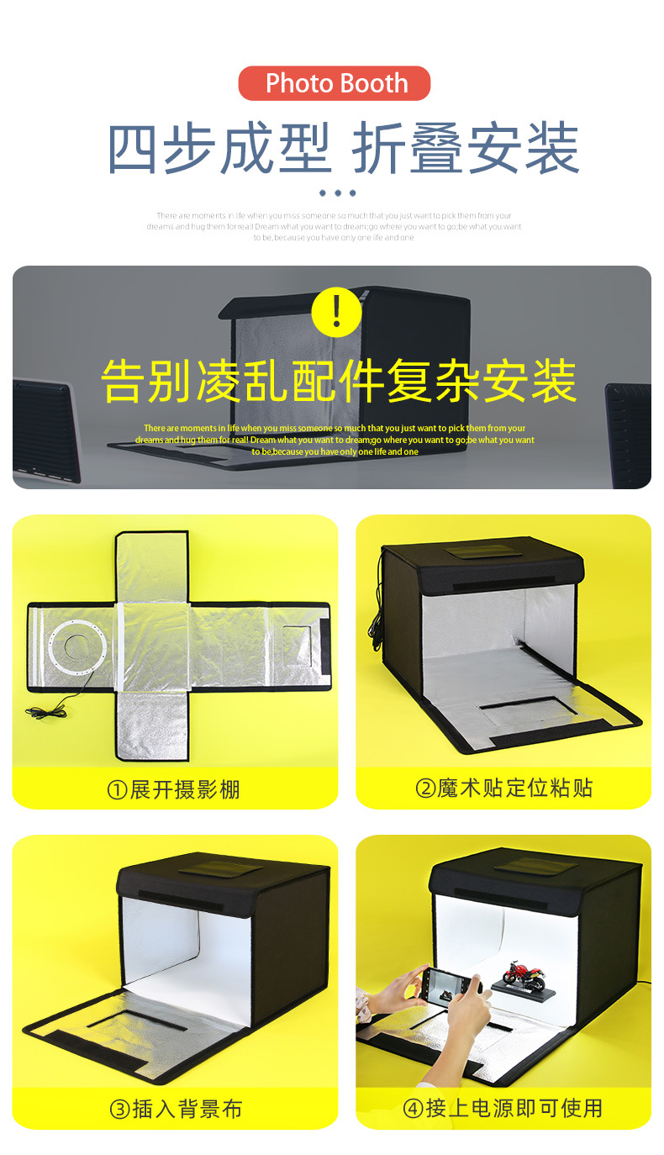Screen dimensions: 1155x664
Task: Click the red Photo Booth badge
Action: (335, 83)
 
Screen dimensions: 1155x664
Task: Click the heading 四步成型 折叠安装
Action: (343, 149)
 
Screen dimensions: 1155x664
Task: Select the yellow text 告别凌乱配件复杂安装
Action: (339, 381)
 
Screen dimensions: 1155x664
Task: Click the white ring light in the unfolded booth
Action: (77, 648)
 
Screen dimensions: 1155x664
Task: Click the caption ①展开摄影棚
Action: (173, 789)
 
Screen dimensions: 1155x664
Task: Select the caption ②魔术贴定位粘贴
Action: (503, 788)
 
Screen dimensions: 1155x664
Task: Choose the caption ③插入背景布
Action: (175, 1109)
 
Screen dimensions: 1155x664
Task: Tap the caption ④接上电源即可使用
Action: (503, 1108)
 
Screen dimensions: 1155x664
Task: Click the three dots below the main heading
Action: (337, 193)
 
